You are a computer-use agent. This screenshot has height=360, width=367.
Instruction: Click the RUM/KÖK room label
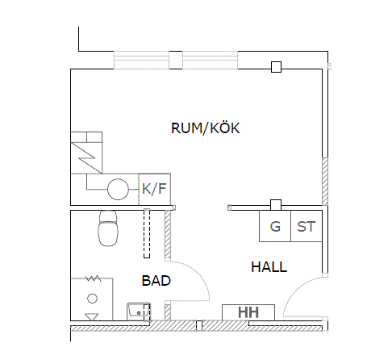tap(206, 128)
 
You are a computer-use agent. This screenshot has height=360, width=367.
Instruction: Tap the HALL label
tap(269, 267)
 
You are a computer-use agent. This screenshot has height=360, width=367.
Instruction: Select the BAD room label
tap(156, 281)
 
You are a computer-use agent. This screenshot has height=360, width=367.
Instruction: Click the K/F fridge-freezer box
tap(155, 190)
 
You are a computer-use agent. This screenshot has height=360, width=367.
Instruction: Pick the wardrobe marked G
tap(275, 226)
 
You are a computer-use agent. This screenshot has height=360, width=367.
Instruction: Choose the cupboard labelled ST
tap(307, 226)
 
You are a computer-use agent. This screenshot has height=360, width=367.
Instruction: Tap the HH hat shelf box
tap(248, 312)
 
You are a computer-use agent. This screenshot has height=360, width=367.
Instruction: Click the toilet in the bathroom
tap(108, 228)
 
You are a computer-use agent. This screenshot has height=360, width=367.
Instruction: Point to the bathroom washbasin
tap(139, 312)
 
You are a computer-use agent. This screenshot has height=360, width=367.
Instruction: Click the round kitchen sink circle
tap(118, 190)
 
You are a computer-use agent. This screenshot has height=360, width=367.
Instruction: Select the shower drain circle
tap(92, 299)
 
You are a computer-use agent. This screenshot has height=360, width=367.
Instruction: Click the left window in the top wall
tap(141, 60)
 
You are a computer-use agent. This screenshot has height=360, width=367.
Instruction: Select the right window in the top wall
tap(210, 60)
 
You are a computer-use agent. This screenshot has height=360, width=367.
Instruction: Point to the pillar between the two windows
tap(176, 60)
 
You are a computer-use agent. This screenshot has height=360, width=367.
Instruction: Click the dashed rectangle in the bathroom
tap(147, 233)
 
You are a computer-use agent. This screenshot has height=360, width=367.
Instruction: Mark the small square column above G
tap(276, 205)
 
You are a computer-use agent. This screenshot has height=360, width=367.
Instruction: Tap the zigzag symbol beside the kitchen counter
tap(86, 158)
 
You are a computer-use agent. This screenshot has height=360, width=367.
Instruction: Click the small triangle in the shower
tap(91, 317)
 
